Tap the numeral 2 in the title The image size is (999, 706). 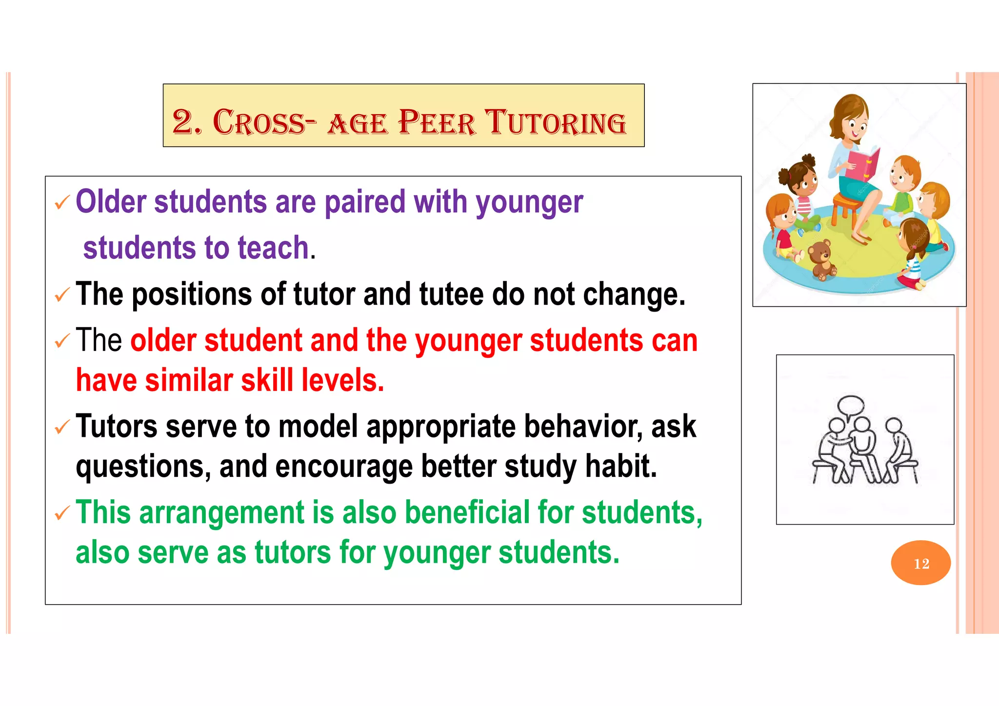tap(183, 122)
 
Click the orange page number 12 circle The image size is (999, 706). tap(920, 563)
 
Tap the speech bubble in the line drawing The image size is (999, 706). tap(851, 405)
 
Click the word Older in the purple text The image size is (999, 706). tap(111, 202)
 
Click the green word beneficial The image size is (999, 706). tap(467, 513)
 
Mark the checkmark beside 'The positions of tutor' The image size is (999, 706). tap(62, 295)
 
